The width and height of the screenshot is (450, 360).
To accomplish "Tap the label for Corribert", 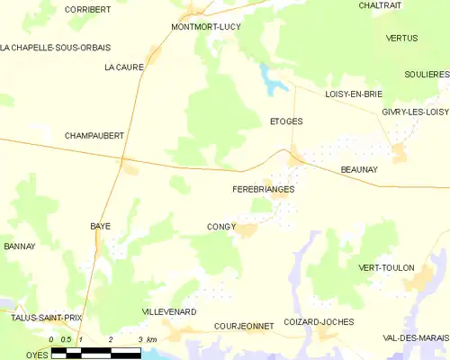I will point(88,9).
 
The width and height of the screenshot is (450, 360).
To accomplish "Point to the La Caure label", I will point(122,67).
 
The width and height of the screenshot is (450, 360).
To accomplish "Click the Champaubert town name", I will point(94,135).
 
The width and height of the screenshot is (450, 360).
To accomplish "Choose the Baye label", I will point(100,226).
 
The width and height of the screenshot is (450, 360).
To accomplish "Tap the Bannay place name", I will point(19,246).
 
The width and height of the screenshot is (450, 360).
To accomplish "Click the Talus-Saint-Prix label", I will point(40,318).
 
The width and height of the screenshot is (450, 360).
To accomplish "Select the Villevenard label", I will point(169,311).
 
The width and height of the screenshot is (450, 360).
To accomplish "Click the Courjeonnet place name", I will point(243,326).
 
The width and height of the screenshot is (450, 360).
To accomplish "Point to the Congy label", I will point(220,227).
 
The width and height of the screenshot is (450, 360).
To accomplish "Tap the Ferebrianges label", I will point(263,191).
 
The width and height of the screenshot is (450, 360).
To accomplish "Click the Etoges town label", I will point(286,121).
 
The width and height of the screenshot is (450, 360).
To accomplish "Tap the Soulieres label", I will point(426,75).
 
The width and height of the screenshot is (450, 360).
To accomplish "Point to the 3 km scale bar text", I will point(148,339).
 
